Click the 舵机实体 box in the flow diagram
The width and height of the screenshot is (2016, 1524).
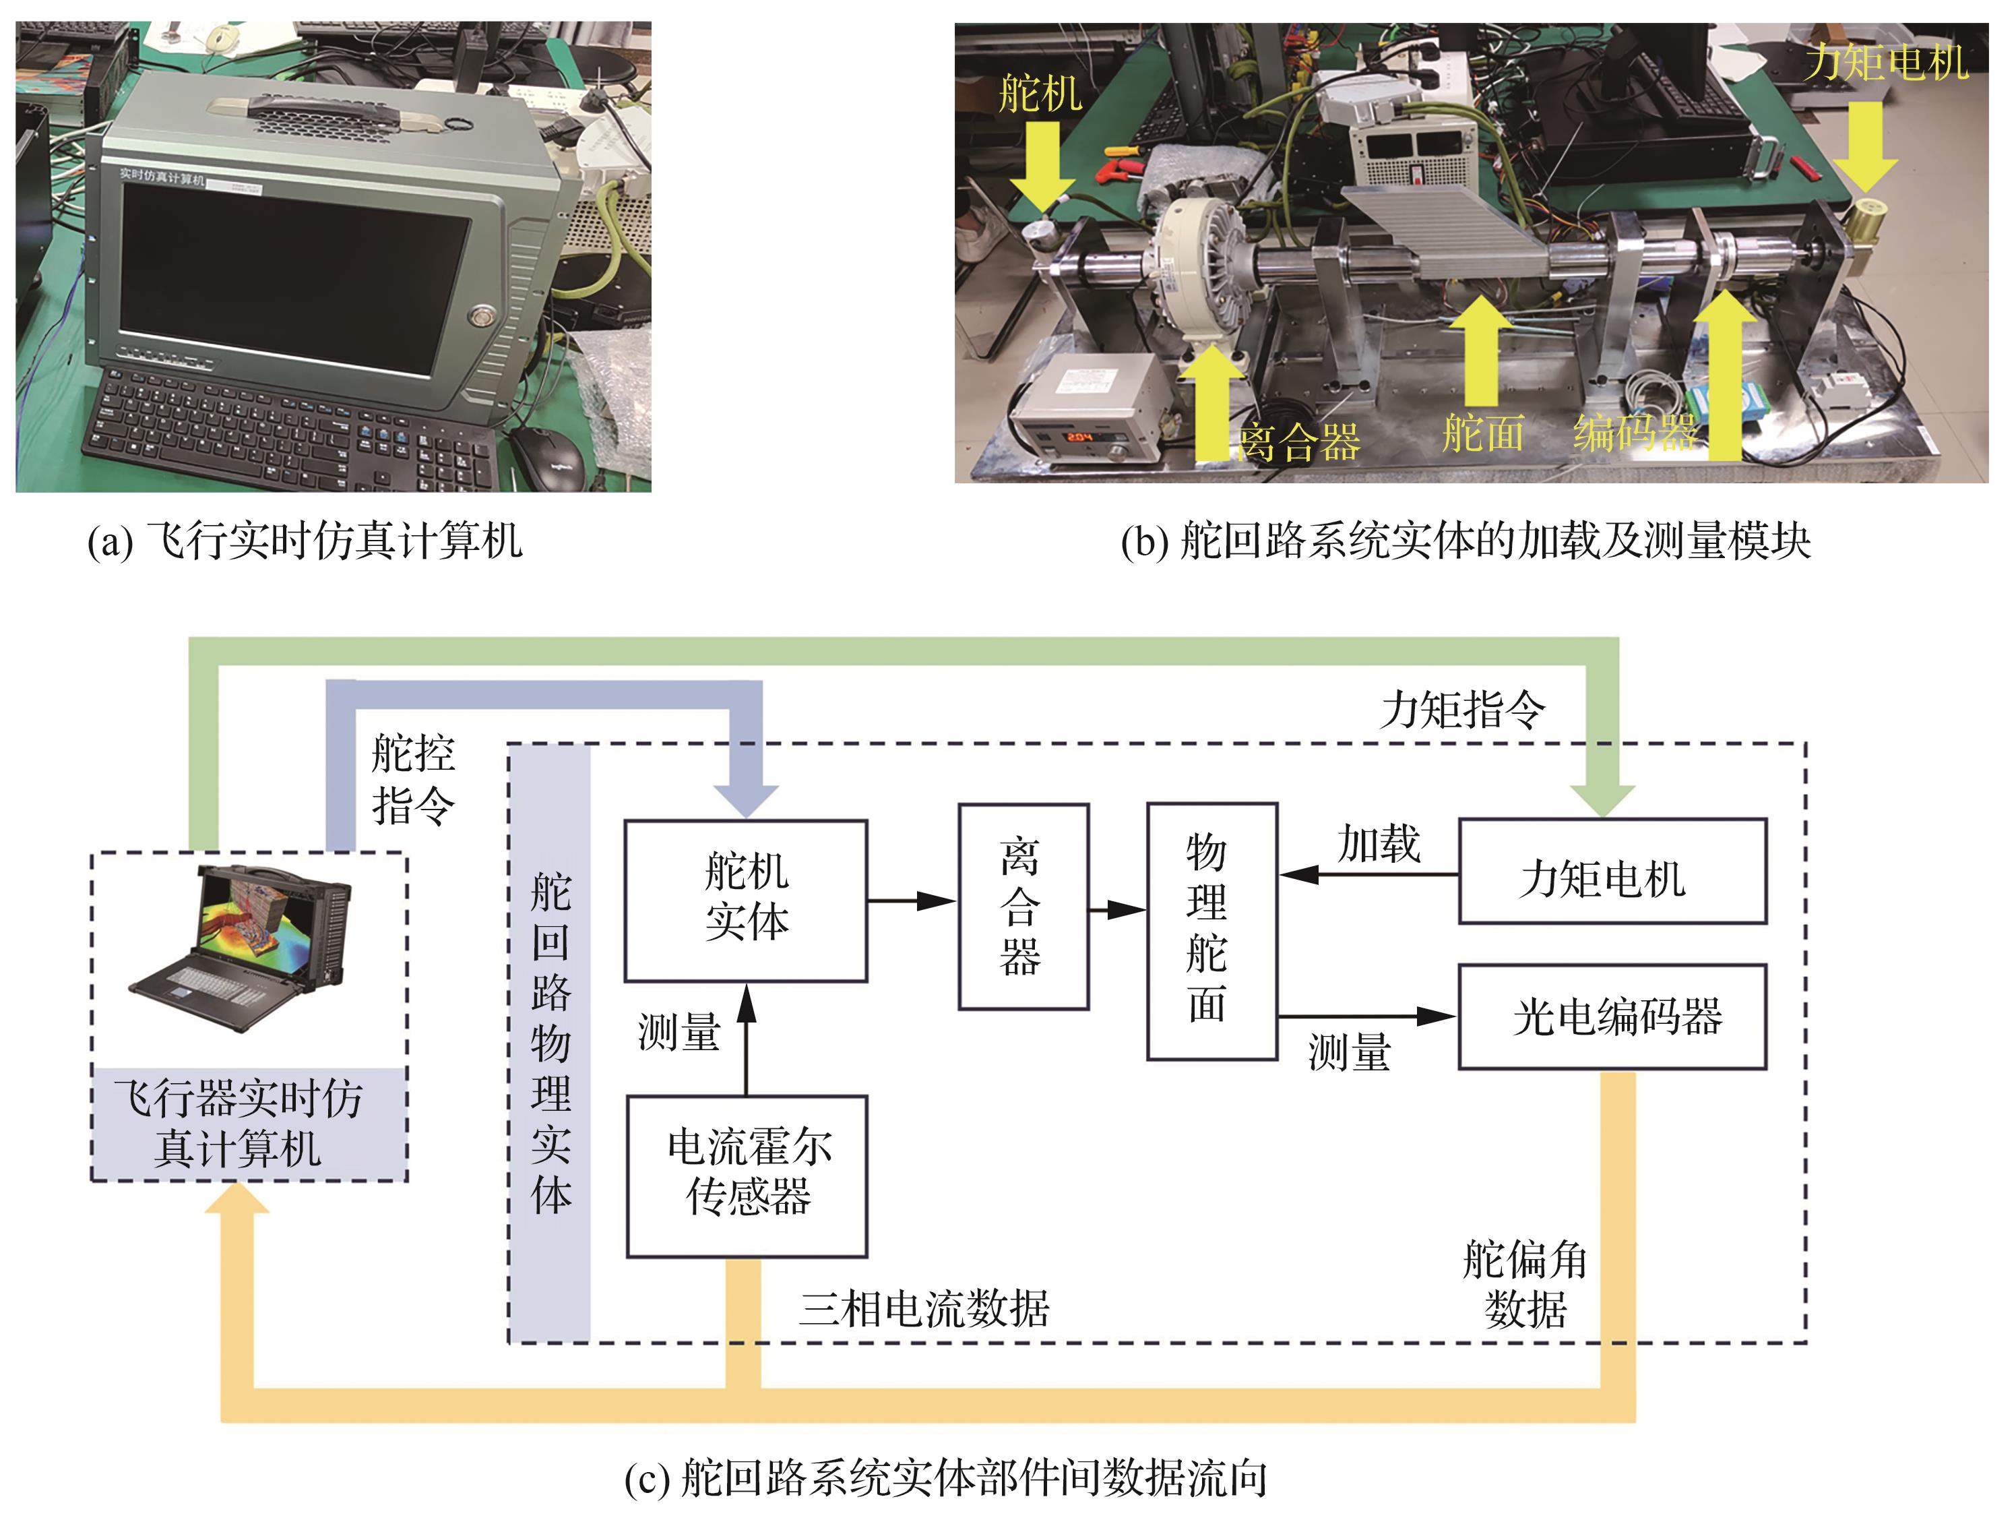click(x=745, y=900)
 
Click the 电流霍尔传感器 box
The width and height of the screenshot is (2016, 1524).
click(x=747, y=1175)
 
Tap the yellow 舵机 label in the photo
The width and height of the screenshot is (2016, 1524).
click(x=1040, y=94)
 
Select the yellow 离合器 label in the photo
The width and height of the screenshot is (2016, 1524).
click(x=1300, y=443)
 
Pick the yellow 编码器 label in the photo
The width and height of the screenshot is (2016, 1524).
click(x=1634, y=432)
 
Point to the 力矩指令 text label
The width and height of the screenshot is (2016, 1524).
click(x=1462, y=709)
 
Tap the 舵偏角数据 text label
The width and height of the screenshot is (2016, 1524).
click(x=1525, y=1284)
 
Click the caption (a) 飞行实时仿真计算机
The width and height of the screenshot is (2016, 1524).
click(x=305, y=541)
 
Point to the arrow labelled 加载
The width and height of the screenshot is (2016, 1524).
click(x=1367, y=874)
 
